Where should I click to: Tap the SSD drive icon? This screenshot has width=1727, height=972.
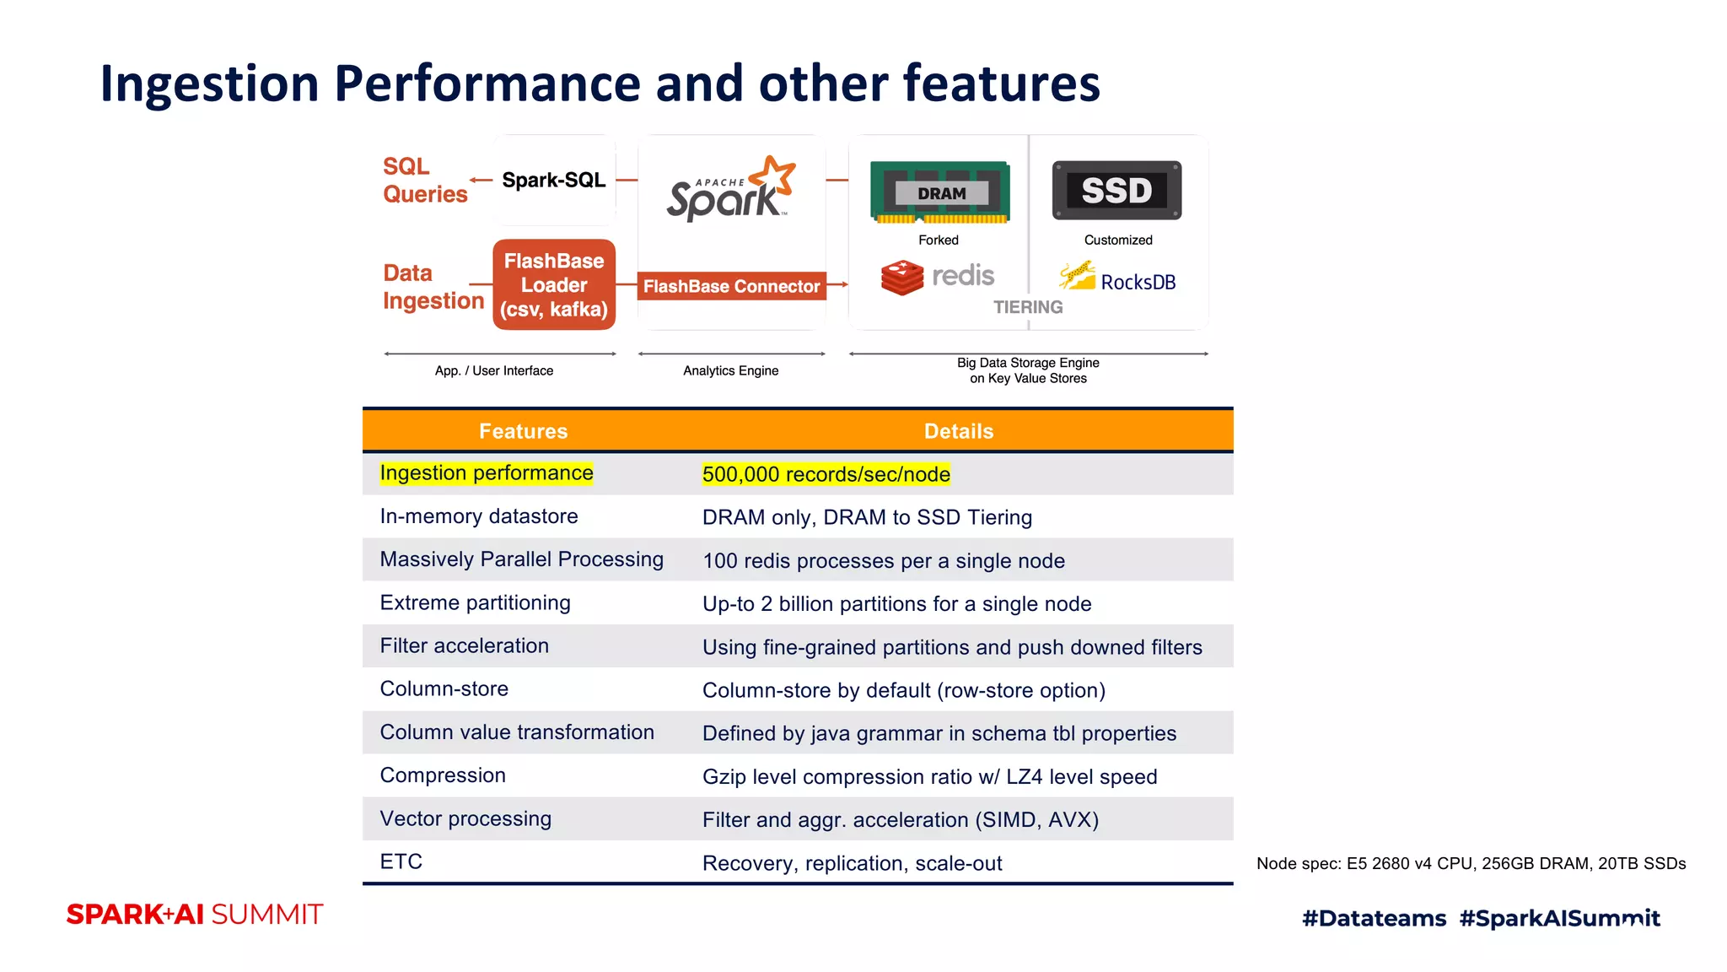[1116, 191]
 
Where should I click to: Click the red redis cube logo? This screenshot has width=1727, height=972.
[901, 277]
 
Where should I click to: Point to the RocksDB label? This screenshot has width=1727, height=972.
[1138, 282]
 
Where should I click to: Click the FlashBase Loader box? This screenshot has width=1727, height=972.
[554, 285]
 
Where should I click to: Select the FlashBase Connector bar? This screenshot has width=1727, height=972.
[731, 286]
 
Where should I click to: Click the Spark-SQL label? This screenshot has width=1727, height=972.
[553, 180]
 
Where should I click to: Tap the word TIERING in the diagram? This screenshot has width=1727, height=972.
[1027, 307]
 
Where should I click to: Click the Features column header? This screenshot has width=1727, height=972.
[523, 431]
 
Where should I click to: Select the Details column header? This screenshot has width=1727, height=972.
[959, 431]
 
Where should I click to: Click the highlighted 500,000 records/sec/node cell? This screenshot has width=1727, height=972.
[826, 474]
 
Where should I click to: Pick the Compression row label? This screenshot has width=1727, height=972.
[443, 775]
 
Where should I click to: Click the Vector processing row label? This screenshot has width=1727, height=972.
[465, 818]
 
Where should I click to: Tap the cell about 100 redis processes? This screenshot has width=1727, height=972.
[883, 561]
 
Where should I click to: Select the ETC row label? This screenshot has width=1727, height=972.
[401, 861]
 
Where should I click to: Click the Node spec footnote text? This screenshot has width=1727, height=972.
[1471, 863]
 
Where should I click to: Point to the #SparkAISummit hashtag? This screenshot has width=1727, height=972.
[1559, 918]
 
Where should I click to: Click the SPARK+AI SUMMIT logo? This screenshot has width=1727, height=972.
[195, 915]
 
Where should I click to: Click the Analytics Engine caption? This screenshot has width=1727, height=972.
[730, 370]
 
